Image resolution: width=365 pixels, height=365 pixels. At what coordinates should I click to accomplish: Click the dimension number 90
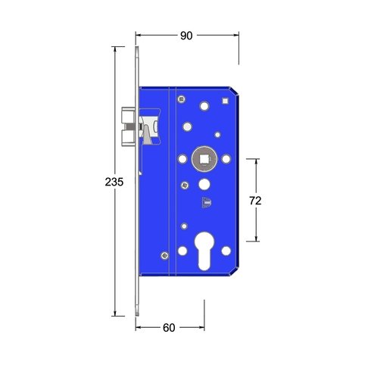click(x=186, y=36)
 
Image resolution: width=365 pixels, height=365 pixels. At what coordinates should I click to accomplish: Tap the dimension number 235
click(x=114, y=182)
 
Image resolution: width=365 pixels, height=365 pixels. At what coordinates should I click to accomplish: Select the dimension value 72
click(x=255, y=201)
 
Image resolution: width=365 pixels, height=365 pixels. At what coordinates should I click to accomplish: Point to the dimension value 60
click(x=169, y=328)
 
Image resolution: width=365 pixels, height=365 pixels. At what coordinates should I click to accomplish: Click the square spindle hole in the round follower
click(x=204, y=159)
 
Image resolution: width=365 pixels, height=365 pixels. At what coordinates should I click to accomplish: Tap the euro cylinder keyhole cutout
click(x=204, y=251)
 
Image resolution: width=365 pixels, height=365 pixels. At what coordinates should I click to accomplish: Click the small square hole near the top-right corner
click(x=225, y=101)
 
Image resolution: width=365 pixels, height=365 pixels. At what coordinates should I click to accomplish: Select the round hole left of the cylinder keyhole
click(x=182, y=251)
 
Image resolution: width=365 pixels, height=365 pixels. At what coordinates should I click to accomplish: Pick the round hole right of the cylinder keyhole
click(x=226, y=251)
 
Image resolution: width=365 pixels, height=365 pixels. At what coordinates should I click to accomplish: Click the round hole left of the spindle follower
click(x=182, y=159)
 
